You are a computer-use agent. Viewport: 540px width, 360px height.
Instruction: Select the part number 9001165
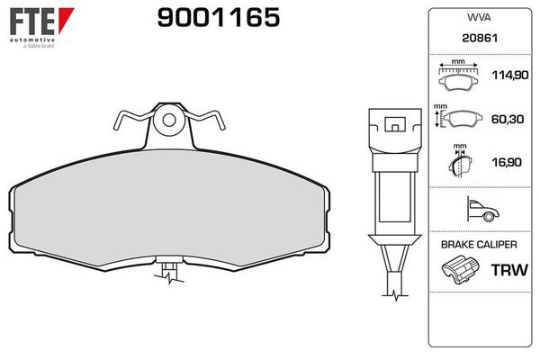[x=219, y=17]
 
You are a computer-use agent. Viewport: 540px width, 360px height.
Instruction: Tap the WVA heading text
[x=477, y=18]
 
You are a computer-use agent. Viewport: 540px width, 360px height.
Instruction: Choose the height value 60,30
[x=506, y=118]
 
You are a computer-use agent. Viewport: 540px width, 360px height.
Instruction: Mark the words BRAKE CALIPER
[x=477, y=245]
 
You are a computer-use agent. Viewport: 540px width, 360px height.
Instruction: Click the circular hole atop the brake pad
[x=168, y=117]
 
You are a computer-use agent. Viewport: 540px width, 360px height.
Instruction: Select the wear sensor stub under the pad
[x=168, y=269]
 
